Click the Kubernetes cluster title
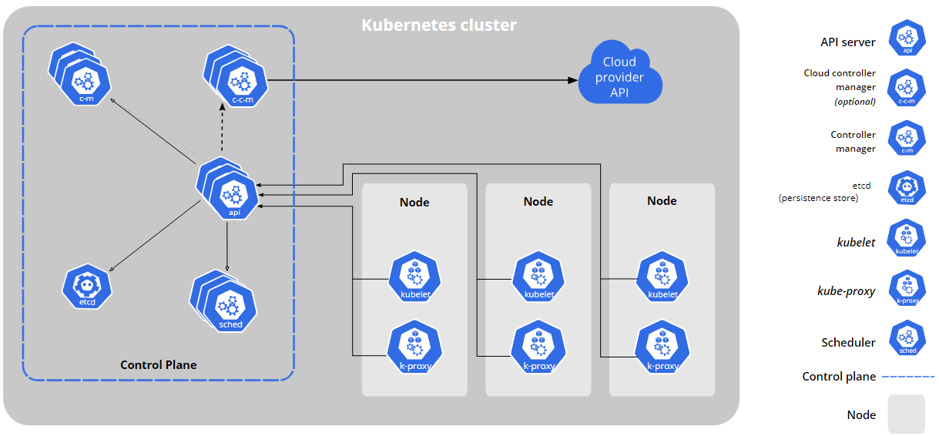coord(438,25)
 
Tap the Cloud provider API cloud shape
coord(620,76)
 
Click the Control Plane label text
coord(158,364)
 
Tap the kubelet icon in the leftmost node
coord(414,277)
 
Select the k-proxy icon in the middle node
coord(538,349)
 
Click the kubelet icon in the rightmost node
coord(662,277)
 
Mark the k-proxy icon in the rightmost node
coord(662,349)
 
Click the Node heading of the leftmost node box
coord(414,202)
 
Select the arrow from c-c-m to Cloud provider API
coord(424,79)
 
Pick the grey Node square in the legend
coord(906,414)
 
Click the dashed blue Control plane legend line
coord(907,377)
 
